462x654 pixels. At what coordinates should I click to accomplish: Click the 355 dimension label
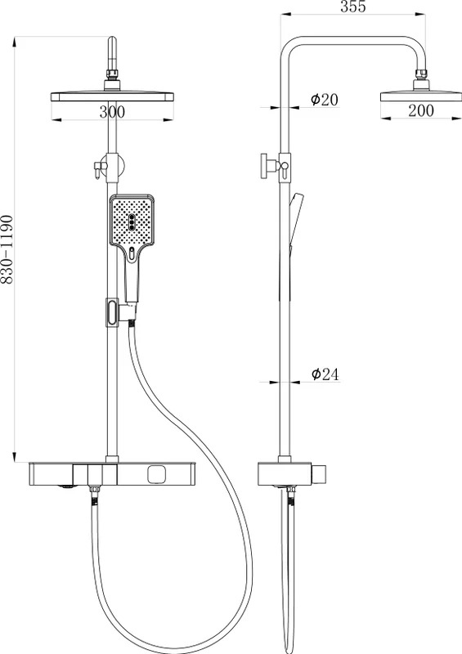[353, 7]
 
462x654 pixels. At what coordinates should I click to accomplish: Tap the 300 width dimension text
[112, 112]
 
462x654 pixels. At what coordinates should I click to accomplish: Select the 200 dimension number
[420, 110]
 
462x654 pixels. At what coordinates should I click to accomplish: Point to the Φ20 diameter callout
[325, 99]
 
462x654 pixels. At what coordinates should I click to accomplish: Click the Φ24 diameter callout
[325, 374]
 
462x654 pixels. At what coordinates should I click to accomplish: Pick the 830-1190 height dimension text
[7, 250]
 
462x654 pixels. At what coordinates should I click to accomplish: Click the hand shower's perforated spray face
[132, 220]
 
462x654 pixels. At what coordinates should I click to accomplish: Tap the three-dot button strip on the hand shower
[132, 222]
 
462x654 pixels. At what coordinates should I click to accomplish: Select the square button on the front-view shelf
[156, 474]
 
